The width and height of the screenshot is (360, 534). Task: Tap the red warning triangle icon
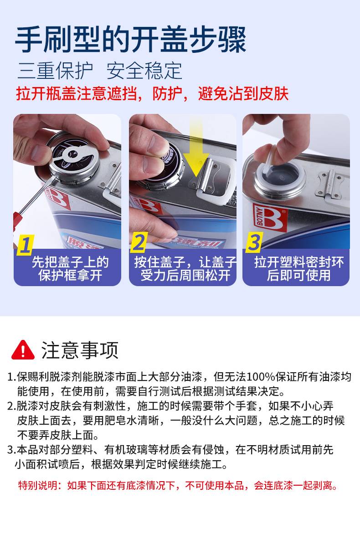click(x=23, y=350)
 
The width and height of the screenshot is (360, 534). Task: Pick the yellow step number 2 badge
click(x=139, y=242)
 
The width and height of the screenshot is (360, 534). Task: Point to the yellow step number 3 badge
click(x=254, y=242)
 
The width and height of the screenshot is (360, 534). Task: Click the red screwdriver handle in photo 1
click(x=15, y=222)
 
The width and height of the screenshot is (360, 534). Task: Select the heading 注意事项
click(x=80, y=350)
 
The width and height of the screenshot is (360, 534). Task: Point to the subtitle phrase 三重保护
click(x=55, y=71)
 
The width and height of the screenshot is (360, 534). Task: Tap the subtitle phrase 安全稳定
click(x=144, y=71)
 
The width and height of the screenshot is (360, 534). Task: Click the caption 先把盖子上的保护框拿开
click(x=70, y=269)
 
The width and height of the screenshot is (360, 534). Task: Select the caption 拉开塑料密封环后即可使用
click(x=298, y=269)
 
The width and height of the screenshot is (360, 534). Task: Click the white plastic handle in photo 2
click(x=217, y=184)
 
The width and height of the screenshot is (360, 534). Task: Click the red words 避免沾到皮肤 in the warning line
click(x=243, y=94)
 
